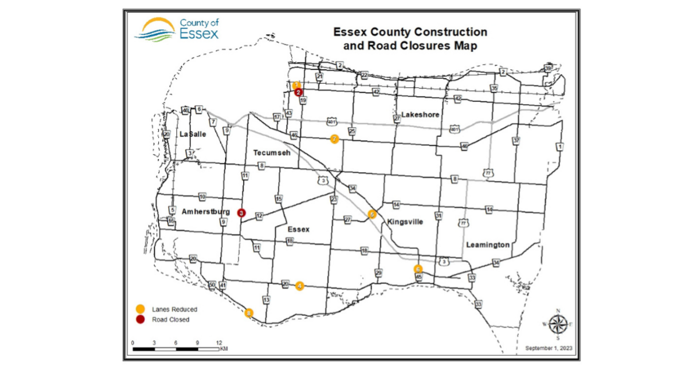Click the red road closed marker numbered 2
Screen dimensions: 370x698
(298, 92)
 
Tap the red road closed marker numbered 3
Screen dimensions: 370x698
(241, 213)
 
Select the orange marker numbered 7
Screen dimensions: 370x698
(334, 139)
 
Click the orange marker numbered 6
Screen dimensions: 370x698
(418, 269)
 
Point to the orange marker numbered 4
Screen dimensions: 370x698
(300, 285)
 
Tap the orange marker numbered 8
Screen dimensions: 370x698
(250, 312)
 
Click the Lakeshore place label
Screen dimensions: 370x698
(420, 115)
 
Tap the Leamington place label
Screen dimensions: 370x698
(487, 245)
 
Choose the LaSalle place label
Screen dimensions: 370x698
(193, 134)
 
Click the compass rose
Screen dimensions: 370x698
(557, 323)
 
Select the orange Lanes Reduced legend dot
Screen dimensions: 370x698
(140, 309)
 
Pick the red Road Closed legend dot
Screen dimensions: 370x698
(140, 319)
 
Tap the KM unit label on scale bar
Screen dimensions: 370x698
(224, 349)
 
